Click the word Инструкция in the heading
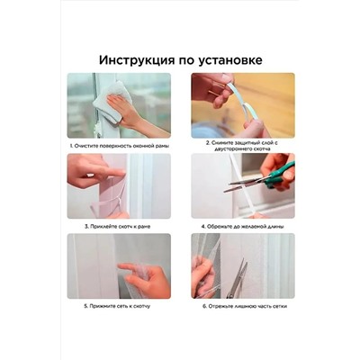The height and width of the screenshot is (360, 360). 137,59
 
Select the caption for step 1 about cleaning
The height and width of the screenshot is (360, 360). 119,144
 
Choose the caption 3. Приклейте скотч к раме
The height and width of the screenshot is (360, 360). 119,226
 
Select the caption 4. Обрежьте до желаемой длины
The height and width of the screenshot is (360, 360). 242,226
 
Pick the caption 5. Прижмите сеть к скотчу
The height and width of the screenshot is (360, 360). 119,306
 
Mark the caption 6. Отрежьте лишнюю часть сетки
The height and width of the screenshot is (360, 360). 242,306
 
